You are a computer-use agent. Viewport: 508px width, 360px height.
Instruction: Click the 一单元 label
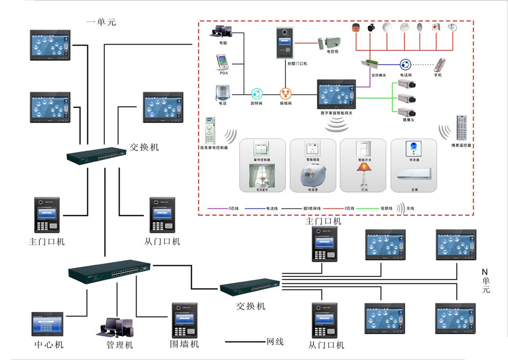(x=101, y=22)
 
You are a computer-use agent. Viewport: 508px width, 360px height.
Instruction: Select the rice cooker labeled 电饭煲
(x=312, y=176)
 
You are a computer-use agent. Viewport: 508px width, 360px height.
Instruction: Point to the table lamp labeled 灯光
(x=365, y=174)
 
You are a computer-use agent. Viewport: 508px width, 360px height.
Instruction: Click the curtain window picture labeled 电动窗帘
(x=261, y=176)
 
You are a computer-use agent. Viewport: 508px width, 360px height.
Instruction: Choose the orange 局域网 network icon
(x=286, y=94)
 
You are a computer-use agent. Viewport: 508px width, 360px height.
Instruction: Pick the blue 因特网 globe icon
(x=257, y=94)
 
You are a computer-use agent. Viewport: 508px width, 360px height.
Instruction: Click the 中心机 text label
(x=48, y=345)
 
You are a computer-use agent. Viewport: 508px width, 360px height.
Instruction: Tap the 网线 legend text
(x=275, y=342)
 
